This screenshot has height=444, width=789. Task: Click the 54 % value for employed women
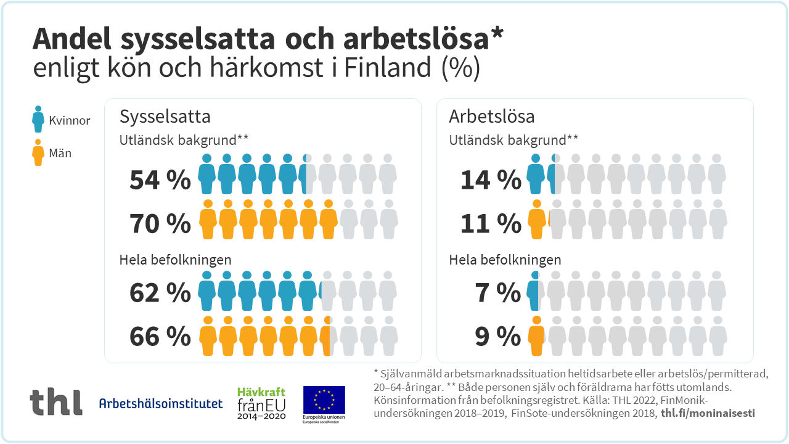[160, 180]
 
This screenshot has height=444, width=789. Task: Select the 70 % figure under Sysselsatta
[160, 224]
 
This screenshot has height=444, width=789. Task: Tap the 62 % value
[160, 293]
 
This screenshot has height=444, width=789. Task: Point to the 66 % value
[160, 337]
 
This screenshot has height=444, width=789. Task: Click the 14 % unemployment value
[491, 180]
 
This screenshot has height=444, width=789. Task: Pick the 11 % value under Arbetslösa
[491, 224]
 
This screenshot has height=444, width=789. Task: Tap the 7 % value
[498, 293]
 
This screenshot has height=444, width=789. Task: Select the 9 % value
[498, 337]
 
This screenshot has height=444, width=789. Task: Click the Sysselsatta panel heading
[165, 117]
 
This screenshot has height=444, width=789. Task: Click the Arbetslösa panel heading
[491, 117]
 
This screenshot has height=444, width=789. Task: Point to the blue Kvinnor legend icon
[38, 120]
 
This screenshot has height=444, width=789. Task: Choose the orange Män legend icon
[38, 153]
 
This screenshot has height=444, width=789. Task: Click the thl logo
[56, 401]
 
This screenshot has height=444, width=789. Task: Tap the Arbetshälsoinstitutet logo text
[161, 404]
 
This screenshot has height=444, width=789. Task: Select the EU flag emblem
[324, 400]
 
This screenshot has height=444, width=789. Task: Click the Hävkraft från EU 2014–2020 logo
[261, 403]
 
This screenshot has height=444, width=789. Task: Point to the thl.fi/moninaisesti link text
[708, 413]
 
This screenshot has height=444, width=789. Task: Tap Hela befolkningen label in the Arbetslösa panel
[505, 260]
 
